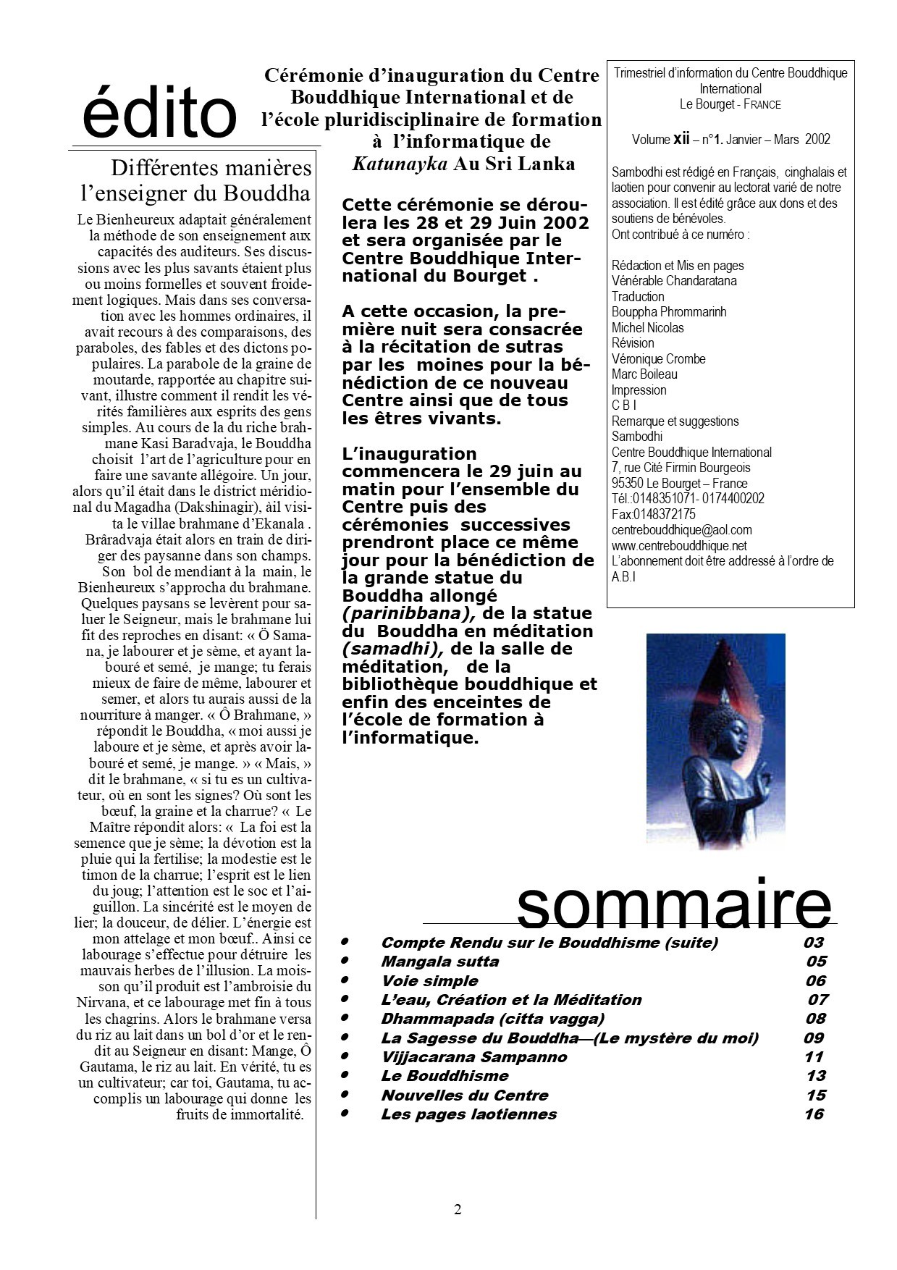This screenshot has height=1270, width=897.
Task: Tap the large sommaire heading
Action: click(x=674, y=905)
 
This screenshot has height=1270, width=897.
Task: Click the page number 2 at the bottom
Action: click(x=458, y=1209)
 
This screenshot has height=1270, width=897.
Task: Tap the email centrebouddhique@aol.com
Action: click(x=681, y=530)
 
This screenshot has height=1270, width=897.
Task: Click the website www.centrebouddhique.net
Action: click(x=679, y=546)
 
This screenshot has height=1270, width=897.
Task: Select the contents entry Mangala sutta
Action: click(x=439, y=962)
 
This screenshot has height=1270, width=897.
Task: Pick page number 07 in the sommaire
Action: click(x=817, y=1000)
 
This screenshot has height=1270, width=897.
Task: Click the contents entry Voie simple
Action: click(x=429, y=981)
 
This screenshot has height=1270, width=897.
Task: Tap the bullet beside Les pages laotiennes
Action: click(x=345, y=1113)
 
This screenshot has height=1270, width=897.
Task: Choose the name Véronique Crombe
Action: click(x=658, y=358)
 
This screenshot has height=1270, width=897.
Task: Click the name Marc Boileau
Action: click(x=644, y=374)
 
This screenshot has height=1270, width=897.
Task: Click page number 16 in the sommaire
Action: click(x=814, y=1114)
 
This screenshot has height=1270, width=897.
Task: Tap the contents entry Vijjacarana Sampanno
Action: click(x=473, y=1057)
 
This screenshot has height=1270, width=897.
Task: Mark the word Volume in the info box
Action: click(x=651, y=140)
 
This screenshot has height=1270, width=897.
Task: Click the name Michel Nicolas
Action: click(x=647, y=327)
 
